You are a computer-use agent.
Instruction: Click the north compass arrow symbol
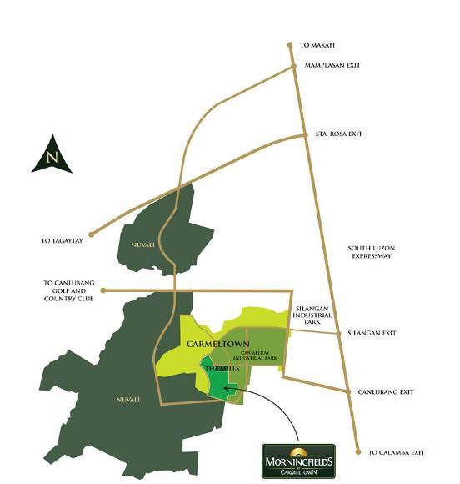52,155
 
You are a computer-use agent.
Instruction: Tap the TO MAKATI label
317,45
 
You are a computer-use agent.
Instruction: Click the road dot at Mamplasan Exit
293,65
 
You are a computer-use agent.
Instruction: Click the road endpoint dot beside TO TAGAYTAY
91,234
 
